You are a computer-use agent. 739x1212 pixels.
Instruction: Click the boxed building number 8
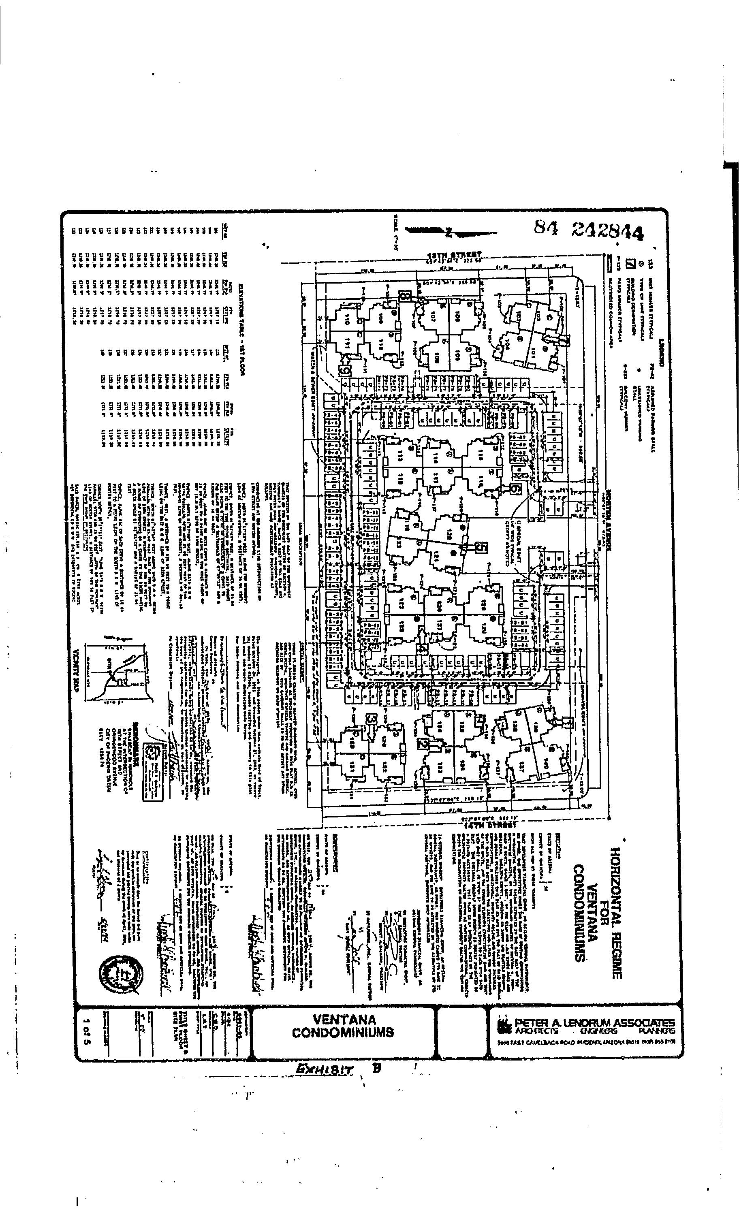pos(406,296)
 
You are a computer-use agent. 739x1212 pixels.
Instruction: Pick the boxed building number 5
pos(482,548)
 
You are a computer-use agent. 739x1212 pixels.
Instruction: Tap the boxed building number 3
pos(372,719)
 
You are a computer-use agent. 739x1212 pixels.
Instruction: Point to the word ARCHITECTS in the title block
pos(537,1030)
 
